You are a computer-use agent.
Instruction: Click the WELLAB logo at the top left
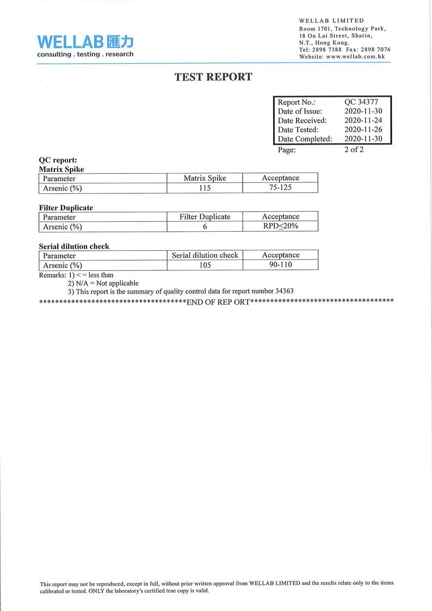[85, 45]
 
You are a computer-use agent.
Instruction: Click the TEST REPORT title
[213, 77]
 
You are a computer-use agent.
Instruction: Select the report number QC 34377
[361, 102]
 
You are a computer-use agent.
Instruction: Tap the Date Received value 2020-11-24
[363, 120]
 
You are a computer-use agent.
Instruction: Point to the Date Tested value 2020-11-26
[363, 129]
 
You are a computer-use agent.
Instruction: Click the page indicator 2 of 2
[354, 150]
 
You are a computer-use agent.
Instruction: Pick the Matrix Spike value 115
[205, 188]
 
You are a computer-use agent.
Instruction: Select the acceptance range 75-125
[280, 188]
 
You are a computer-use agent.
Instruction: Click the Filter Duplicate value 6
[205, 227]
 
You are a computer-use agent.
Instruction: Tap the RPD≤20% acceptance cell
[280, 226]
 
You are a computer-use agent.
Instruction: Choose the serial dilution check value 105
[205, 266]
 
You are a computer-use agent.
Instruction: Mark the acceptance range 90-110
[280, 265]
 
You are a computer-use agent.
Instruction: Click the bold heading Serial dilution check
[74, 246]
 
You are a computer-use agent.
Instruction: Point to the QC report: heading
[58, 161]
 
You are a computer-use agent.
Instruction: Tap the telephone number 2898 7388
[327, 50]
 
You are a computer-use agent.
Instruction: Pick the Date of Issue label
[300, 111]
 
